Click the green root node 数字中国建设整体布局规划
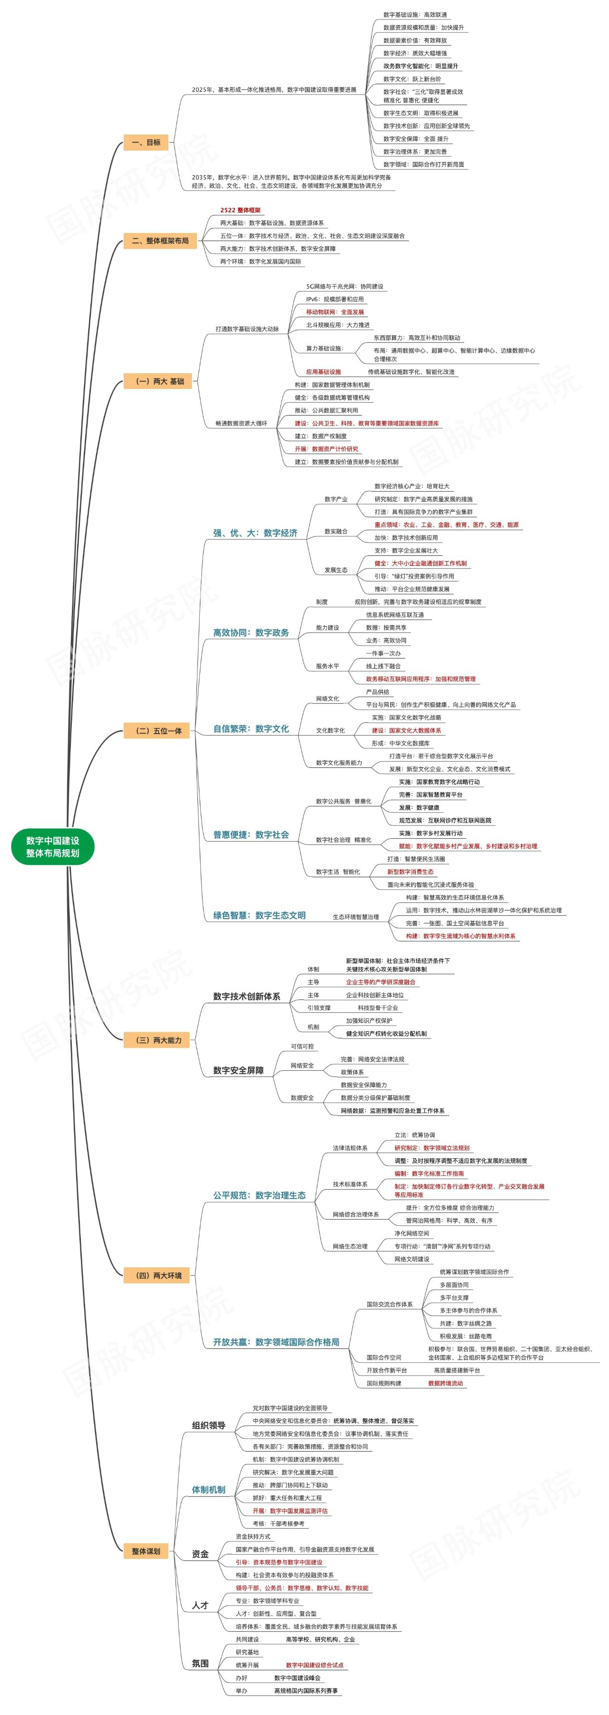coord(53,846)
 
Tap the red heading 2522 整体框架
coord(241,210)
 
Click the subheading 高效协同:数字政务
coord(251,632)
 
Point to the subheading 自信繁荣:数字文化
coord(251,728)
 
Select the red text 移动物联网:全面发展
coord(335,312)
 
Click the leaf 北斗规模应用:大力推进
coord(338,325)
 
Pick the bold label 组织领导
coord(208,1425)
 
